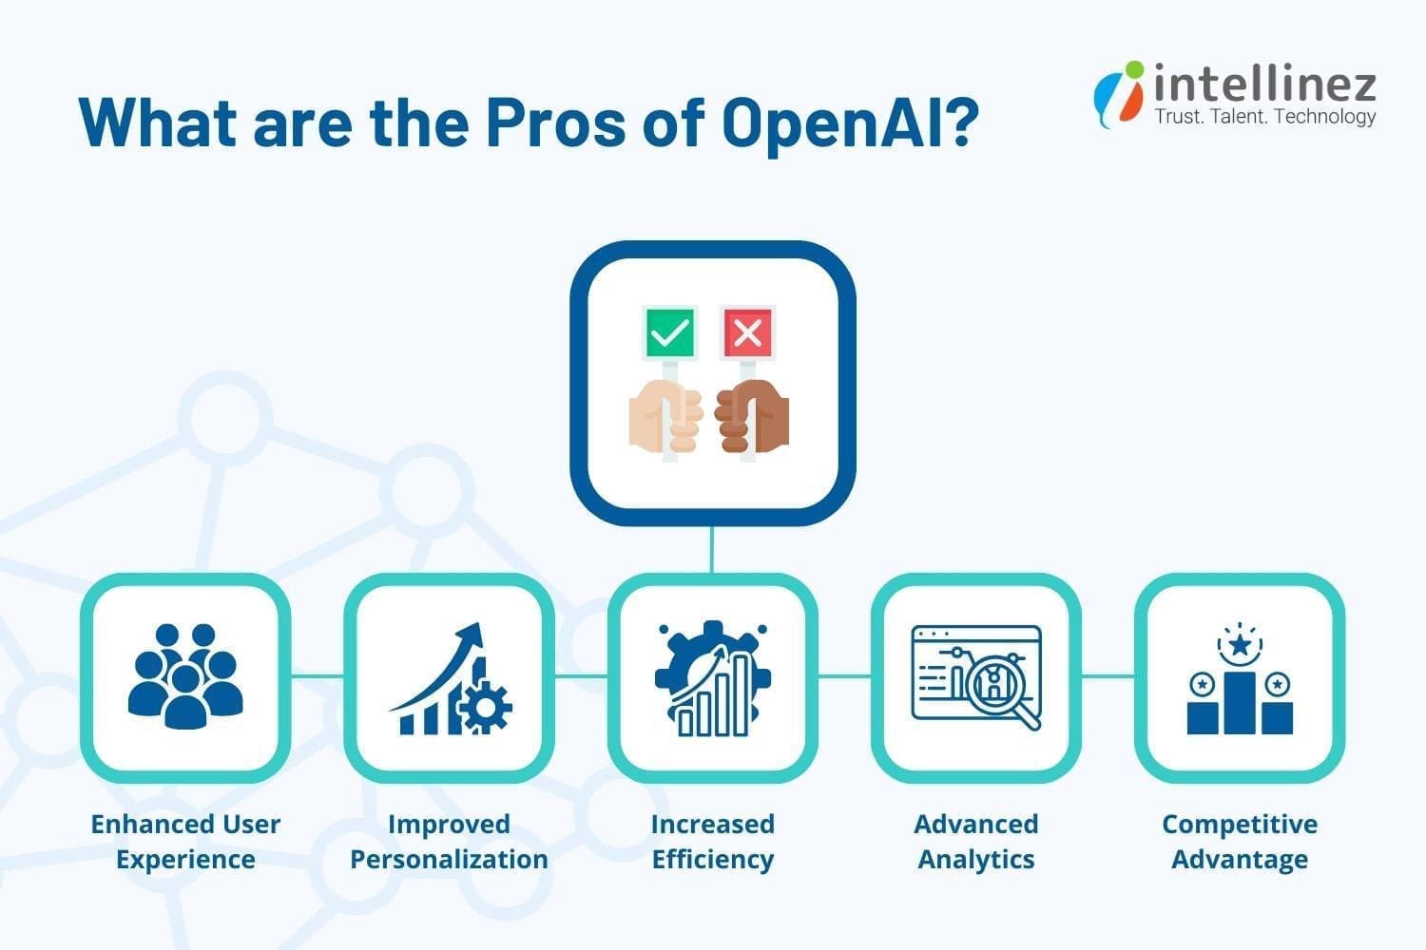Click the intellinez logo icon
click(1119, 94)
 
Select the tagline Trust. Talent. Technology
click(1264, 117)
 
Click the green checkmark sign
click(669, 332)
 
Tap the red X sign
click(748, 332)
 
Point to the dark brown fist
click(748, 418)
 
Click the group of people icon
click(185, 676)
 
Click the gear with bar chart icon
click(712, 678)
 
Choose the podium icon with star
click(1240, 684)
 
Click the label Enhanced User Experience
click(185, 842)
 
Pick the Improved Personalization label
click(449, 842)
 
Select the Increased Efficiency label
click(712, 842)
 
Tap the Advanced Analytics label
click(976, 842)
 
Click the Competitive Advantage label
click(1240, 842)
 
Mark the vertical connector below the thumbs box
click(712, 549)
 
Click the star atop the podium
click(1240, 646)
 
